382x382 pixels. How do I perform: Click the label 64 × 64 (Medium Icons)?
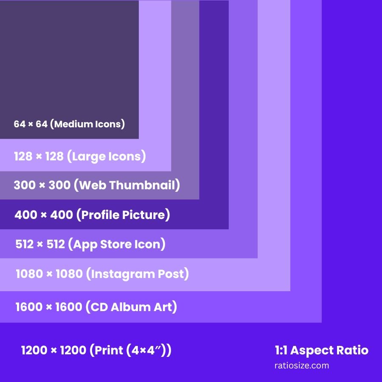(69, 124)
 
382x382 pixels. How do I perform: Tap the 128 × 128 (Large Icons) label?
(80, 156)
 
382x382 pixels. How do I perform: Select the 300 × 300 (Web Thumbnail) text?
(97, 185)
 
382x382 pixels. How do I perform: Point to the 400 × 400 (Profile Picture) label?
(92, 215)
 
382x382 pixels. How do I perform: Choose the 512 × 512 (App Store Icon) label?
(90, 244)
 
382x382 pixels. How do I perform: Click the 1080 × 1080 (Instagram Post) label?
(102, 274)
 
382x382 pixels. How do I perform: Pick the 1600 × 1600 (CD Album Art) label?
(96, 307)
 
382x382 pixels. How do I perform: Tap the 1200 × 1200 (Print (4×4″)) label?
(96, 351)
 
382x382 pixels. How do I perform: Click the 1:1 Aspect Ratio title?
(322, 351)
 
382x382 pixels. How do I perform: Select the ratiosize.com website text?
(302, 365)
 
